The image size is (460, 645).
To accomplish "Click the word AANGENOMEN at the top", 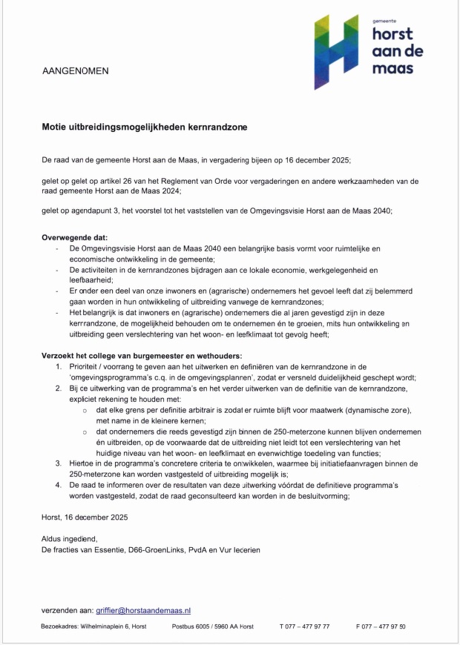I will (x=76, y=72).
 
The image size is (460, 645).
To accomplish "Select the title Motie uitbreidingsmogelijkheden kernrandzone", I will (x=144, y=128).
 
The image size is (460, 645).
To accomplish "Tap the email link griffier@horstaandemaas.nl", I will (x=144, y=610).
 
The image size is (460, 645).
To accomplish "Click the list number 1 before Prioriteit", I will (x=59, y=367).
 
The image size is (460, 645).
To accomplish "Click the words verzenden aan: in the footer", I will (x=68, y=610).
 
